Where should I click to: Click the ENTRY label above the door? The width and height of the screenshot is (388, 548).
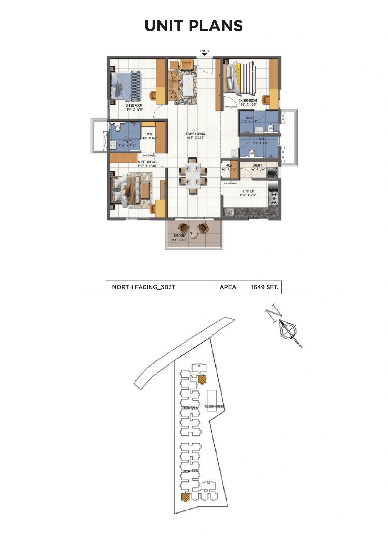(205, 51)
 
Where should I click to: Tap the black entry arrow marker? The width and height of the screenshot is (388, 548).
(204, 54)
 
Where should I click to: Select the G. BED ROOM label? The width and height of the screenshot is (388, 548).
(134, 106)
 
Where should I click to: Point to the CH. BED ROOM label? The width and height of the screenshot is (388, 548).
(248, 101)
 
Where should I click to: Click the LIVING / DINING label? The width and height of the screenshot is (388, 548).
(196, 134)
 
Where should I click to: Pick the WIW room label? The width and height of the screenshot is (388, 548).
(150, 134)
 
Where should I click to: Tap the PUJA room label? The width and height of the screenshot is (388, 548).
(228, 165)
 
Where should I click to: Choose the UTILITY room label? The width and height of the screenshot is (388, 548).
(258, 165)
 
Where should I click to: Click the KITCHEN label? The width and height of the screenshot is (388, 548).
(248, 191)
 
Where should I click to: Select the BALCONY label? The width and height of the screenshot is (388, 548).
(179, 236)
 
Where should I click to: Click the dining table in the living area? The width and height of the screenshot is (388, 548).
(193, 177)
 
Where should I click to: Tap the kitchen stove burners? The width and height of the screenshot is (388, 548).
(273, 198)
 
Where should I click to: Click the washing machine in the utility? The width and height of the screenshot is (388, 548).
(271, 173)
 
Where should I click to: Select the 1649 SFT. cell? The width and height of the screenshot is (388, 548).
(264, 287)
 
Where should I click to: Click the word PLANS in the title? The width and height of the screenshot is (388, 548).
(216, 26)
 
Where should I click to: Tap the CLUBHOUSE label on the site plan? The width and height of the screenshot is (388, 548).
(214, 406)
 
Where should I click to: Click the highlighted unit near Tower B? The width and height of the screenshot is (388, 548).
(186, 496)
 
